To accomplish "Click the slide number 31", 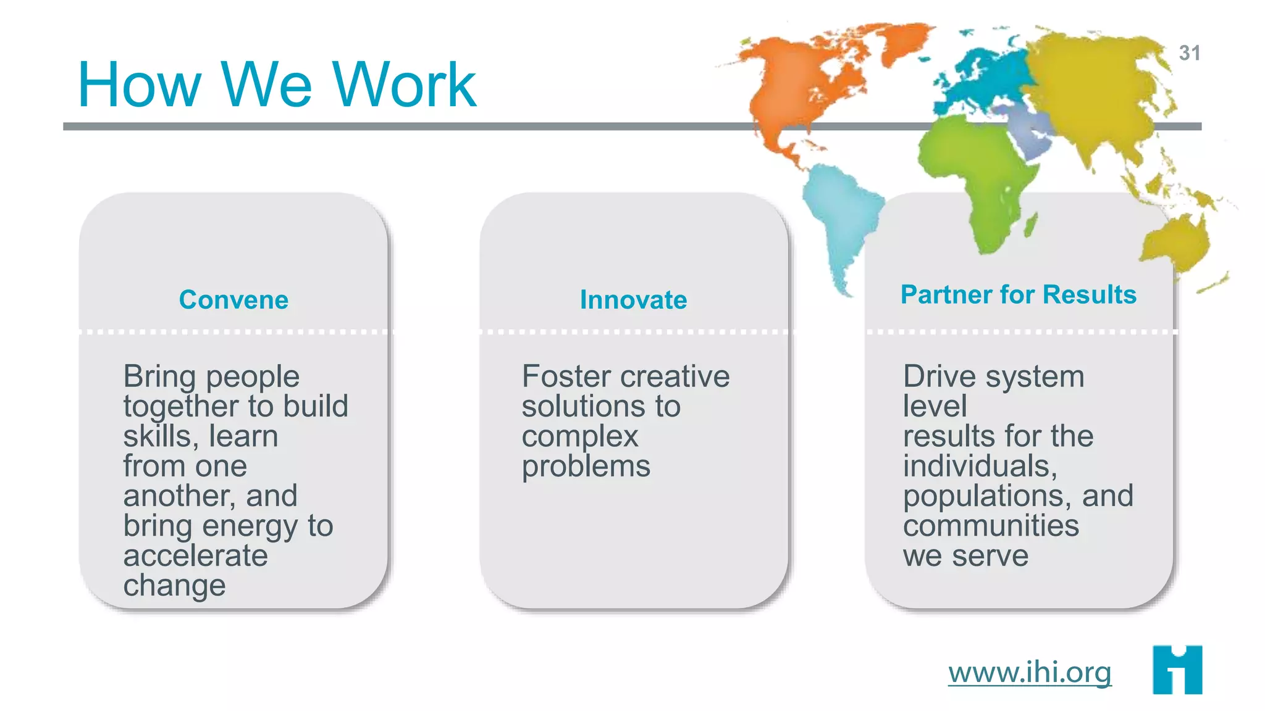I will [x=1189, y=53].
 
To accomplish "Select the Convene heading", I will [x=233, y=300].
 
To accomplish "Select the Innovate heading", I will [x=633, y=300].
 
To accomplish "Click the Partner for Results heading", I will [x=1018, y=294].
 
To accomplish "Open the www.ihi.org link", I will [x=1030, y=671].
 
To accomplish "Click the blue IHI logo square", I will [x=1177, y=670].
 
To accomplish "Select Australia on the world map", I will [x=1174, y=244].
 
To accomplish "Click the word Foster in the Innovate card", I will [x=566, y=376].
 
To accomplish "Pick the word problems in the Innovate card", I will [x=586, y=467].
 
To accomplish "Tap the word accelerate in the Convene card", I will [x=195, y=555].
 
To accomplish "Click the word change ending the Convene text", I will [x=174, y=586].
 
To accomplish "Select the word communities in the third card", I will [x=991, y=526].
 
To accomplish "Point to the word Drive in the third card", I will [x=941, y=376].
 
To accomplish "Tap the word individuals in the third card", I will [x=980, y=466].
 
